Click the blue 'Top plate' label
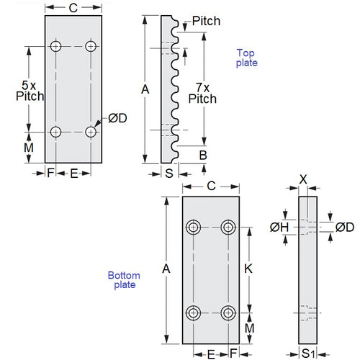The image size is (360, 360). pos(247,58)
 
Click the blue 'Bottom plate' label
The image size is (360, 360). pos(123,280)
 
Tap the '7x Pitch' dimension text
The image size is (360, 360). pos(202,93)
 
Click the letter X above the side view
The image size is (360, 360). pos(305,178)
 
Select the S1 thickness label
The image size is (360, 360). pos(307,353)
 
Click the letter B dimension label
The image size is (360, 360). pos(203,155)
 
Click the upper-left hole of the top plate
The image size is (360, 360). pos(56,46)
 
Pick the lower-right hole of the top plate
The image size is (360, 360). pos(91,132)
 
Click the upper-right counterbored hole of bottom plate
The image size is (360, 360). pos(229,228)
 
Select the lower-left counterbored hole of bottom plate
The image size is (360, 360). pos(194,313)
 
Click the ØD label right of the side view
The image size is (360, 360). pos(345,228)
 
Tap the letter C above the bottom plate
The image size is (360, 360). pos(211,186)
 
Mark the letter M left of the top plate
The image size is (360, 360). pos(29,148)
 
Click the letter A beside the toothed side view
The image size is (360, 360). pos(145,89)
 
